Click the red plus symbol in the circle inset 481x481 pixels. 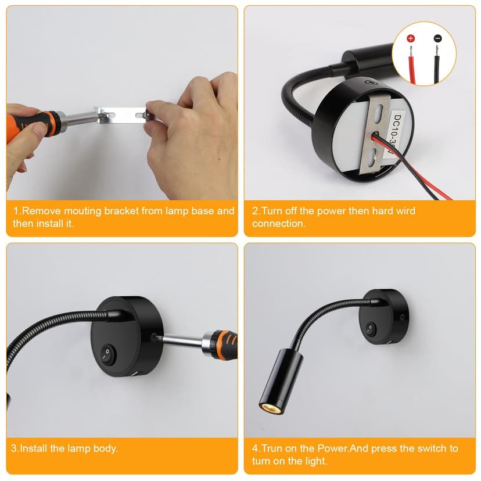[x=411, y=38]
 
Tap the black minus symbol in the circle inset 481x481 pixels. [x=438, y=38]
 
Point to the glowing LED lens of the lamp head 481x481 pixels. [x=266, y=407]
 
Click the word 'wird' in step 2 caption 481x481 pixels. [x=405, y=211]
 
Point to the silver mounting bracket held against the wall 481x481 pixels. [x=122, y=115]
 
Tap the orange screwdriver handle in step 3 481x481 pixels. [x=226, y=345]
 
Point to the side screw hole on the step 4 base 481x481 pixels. [x=403, y=317]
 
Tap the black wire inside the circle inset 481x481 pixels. [x=436, y=66]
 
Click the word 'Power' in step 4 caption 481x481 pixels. [x=332, y=448]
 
